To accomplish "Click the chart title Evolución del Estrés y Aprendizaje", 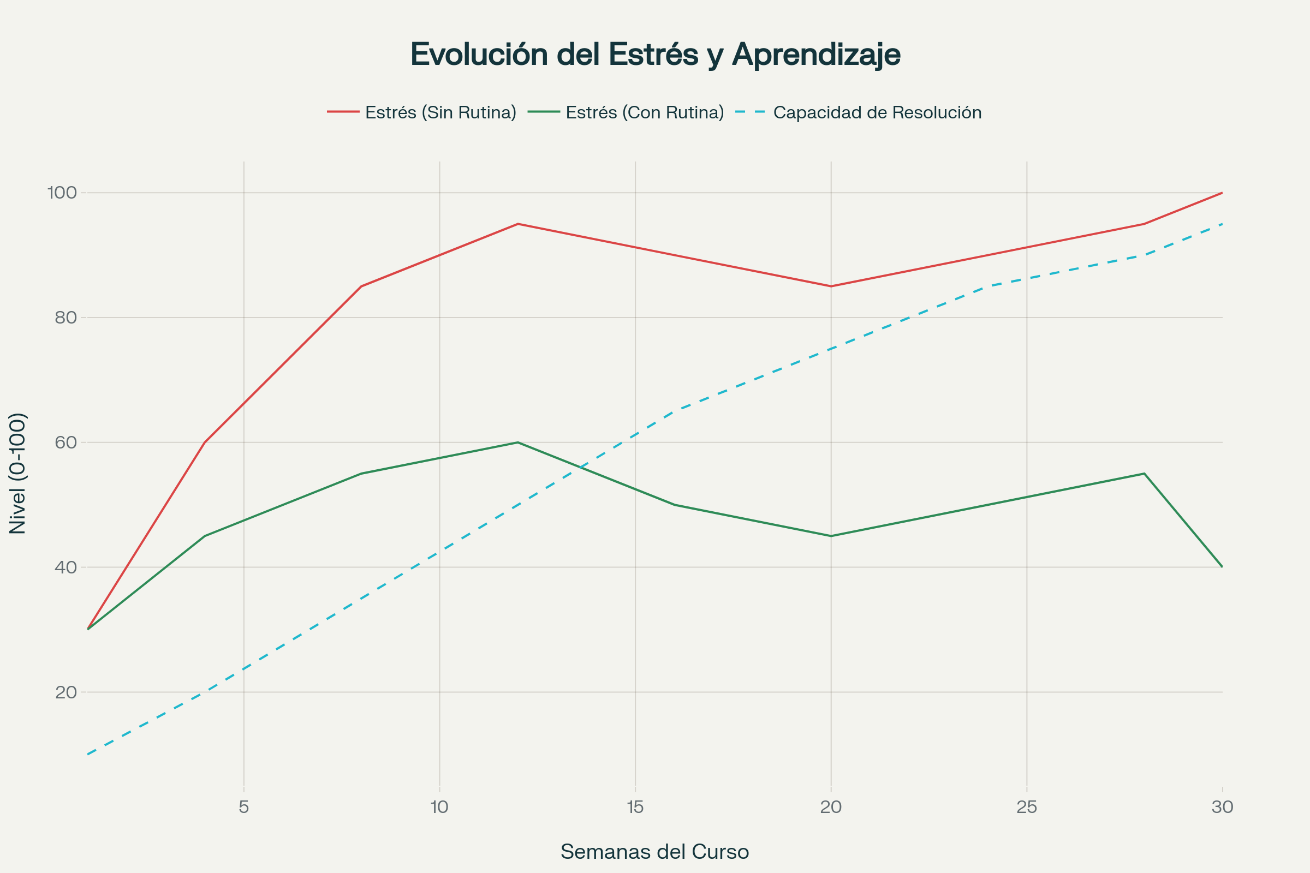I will pos(655,55).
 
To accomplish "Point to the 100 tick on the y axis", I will pos(62,193).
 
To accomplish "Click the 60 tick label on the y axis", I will pos(65,443).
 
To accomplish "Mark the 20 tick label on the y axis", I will pos(65,692).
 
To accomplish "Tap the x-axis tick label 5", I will pos(244,807).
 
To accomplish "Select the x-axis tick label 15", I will pos(635,807).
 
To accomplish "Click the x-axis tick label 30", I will pos(1223,807).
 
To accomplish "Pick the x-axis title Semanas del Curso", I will pos(654,852).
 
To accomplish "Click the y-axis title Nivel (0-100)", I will pos(18,473).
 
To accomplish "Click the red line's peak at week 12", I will pos(518,224).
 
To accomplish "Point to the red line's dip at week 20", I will pos(831,286).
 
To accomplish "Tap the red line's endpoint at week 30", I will pos(1222,193).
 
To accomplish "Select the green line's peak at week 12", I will pos(518,443).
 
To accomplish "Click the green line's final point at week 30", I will pos(1222,567).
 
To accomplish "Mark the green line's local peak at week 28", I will pos(1144,474).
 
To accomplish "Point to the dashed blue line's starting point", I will pos(88,755).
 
